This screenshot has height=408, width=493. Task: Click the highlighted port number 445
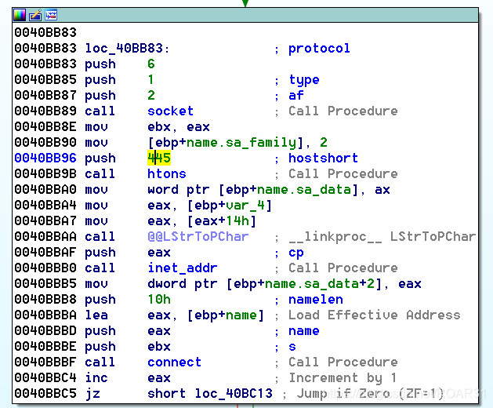tap(159, 158)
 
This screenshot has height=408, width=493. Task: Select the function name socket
tap(170, 111)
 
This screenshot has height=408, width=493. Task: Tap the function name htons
tap(166, 173)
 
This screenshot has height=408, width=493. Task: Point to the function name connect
tap(174, 362)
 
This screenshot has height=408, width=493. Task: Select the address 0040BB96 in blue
tap(45, 158)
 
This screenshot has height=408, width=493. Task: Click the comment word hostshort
tap(323, 158)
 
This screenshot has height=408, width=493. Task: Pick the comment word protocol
tap(319, 48)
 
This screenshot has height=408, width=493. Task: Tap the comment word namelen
tap(315, 299)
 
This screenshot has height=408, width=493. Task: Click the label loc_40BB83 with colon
tap(127, 48)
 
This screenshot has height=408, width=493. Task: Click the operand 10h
tap(158, 299)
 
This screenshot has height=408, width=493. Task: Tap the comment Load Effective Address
tap(374, 315)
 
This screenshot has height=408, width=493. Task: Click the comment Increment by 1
tap(343, 377)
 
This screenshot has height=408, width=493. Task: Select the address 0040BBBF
tap(45, 362)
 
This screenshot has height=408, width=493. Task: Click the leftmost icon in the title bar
tap(20, 14)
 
